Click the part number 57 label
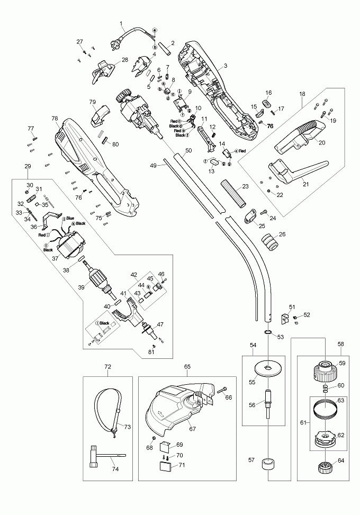point(251,460)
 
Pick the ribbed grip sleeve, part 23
point(233,194)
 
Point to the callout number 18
point(302,94)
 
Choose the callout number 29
point(28,167)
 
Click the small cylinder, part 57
point(268,464)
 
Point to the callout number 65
point(187,366)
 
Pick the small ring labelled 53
point(267,333)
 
